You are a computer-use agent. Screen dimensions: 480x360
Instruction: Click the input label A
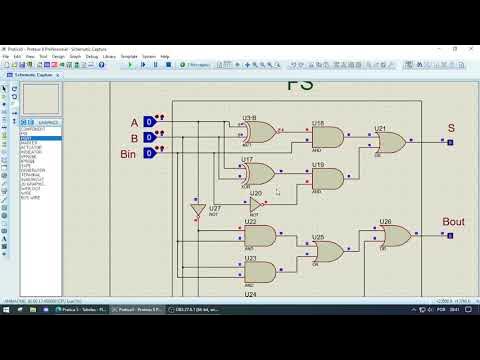134,123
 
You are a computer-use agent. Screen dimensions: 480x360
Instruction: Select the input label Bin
128,154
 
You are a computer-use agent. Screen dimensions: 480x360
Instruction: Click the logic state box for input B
149,138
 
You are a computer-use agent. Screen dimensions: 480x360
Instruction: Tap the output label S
451,128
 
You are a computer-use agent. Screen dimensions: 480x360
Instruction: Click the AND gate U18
327,138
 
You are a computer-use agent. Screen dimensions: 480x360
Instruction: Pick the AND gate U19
327,180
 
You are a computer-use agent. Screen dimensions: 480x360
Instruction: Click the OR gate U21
389,143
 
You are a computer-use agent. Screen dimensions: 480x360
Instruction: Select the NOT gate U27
198,212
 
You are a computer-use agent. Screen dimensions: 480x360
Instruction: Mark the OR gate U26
393,237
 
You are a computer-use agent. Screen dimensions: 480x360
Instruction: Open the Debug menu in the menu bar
91,56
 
